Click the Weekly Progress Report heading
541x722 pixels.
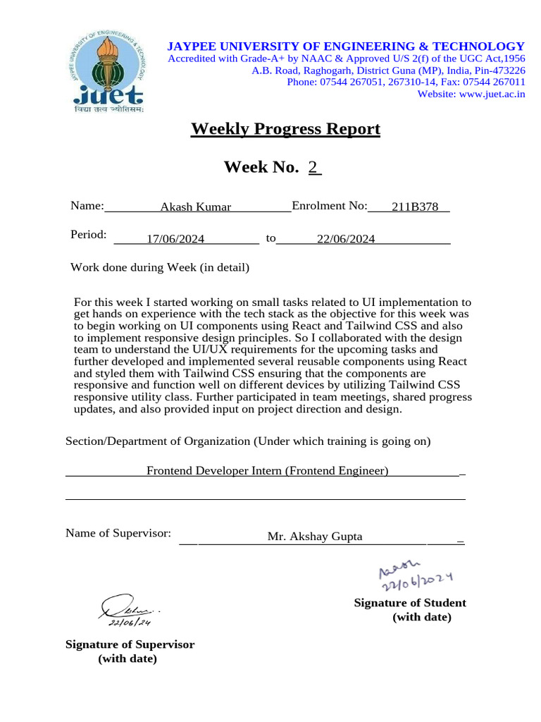click(x=285, y=129)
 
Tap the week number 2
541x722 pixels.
click(x=314, y=167)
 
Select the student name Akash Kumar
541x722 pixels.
click(x=196, y=207)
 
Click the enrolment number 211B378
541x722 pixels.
click(x=415, y=207)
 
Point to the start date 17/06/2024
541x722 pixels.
click(x=175, y=239)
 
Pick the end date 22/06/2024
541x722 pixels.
click(x=346, y=239)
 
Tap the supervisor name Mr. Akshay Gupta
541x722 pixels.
click(x=315, y=537)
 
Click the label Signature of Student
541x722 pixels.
click(x=409, y=603)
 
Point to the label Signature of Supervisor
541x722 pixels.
click(x=130, y=644)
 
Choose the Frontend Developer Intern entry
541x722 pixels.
click(x=267, y=470)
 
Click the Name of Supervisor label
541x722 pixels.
click(x=118, y=533)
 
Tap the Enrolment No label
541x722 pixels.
click(x=329, y=206)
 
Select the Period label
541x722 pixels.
click(x=89, y=235)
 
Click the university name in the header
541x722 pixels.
click(x=345, y=46)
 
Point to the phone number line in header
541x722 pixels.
click(x=406, y=82)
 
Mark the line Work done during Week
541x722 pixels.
click(x=160, y=268)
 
